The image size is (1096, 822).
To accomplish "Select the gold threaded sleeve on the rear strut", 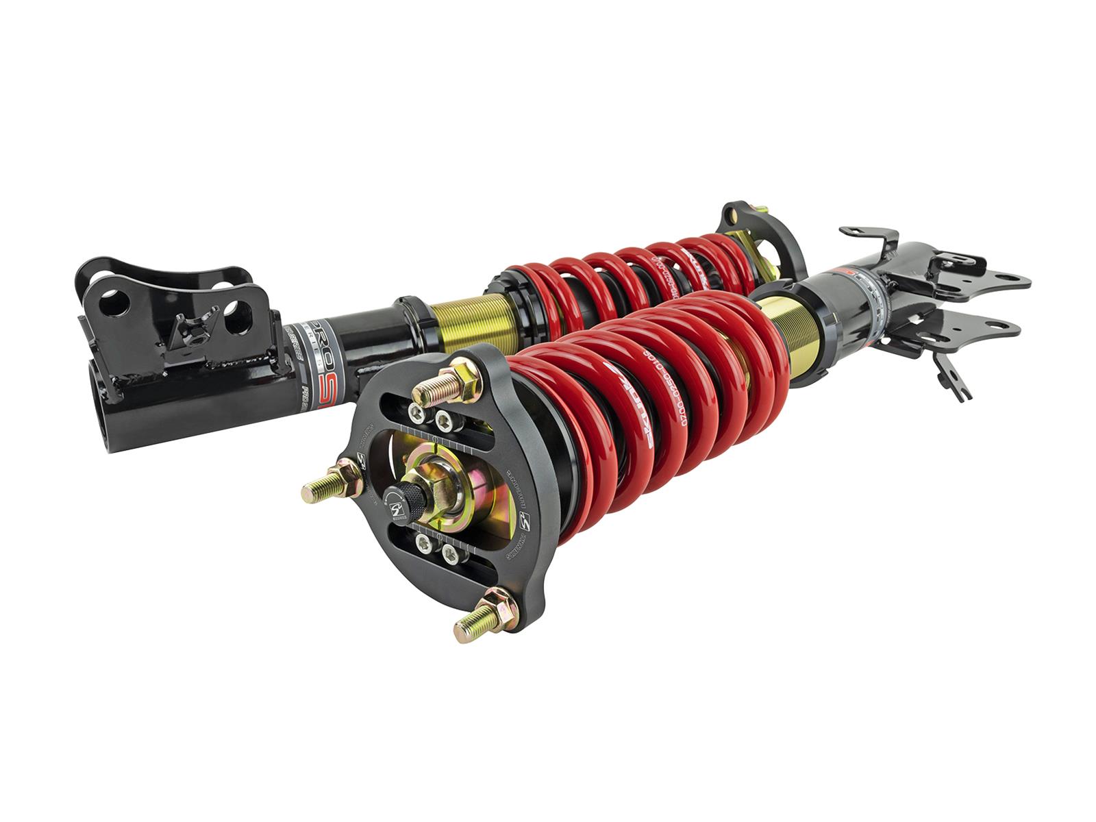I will [471, 319].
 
